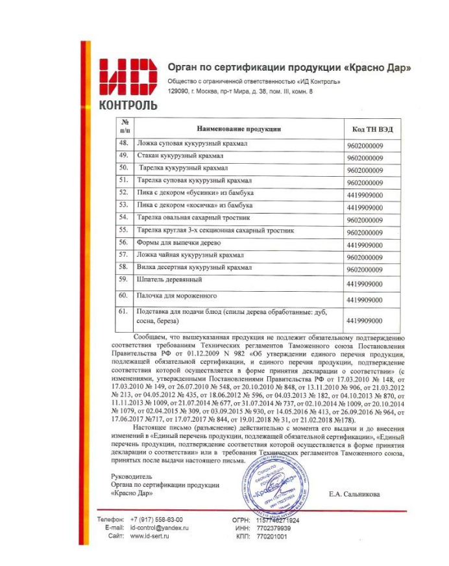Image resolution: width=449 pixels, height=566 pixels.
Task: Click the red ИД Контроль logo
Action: (127, 81)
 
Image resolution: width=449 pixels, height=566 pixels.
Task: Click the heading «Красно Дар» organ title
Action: (289, 67)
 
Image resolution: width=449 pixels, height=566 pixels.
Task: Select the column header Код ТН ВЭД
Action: (368, 129)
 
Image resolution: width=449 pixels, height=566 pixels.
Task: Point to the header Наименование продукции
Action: (239, 129)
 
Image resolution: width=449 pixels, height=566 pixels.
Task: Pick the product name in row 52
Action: (195, 193)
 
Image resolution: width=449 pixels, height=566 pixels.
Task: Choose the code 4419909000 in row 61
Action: (365, 320)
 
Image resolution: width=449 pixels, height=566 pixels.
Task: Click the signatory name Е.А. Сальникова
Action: (355, 494)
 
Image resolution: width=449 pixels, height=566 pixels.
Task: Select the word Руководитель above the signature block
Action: (133, 476)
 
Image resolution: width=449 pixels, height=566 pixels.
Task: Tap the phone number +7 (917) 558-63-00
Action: (156, 520)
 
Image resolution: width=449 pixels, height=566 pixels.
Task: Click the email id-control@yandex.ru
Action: (159, 528)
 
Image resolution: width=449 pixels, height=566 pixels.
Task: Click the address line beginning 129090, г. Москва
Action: (240, 92)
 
